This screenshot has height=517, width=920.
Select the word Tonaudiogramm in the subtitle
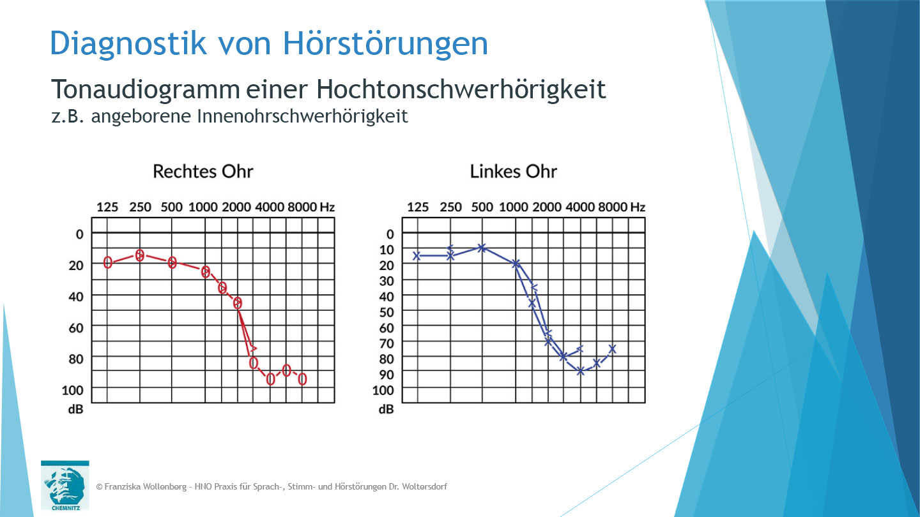coord(145,90)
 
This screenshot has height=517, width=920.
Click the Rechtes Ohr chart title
coord(203,172)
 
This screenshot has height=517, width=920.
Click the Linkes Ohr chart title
coord(513,172)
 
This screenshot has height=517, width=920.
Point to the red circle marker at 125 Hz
coord(108,262)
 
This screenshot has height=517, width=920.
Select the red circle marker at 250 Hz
coord(140,255)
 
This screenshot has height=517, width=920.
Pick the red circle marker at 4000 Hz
coord(270,380)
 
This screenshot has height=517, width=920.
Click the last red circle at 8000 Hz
coord(303,379)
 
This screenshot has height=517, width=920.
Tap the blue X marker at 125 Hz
coord(417,256)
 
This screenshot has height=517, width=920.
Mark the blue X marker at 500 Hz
coord(482,248)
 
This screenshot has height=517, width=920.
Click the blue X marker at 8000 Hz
coord(612,348)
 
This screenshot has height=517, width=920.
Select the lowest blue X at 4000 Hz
coord(581,371)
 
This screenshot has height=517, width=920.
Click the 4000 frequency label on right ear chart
coord(270,207)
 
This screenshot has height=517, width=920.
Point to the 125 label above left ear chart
coord(418,207)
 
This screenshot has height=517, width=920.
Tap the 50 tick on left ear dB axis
coord(387,311)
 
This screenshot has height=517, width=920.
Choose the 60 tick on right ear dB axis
coord(76,327)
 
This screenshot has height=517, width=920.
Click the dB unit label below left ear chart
coord(387,409)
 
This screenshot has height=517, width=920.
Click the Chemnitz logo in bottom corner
coord(65,486)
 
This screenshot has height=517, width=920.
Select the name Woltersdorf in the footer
coord(422,487)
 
